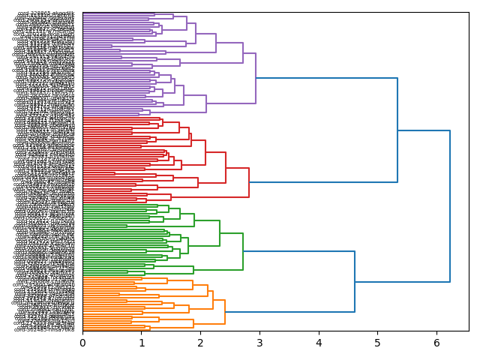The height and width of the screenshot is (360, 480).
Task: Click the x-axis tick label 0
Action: coord(82,343)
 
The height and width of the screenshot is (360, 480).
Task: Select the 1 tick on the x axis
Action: coord(142,343)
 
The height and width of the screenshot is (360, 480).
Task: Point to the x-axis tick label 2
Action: coord(200,343)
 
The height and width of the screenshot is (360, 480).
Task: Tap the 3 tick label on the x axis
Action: coord(259,343)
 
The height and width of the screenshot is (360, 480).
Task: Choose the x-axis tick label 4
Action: coord(319,343)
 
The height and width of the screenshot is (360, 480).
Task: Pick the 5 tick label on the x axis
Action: coord(377,343)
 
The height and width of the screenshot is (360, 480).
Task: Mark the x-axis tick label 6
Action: coord(436,343)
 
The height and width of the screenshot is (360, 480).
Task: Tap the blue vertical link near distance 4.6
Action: coord(355,281)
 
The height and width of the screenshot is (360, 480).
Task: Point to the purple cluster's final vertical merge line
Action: coord(256,78)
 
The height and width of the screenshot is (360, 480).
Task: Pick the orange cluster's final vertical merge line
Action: coord(225,311)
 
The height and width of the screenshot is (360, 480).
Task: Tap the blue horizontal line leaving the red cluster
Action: coord(322,182)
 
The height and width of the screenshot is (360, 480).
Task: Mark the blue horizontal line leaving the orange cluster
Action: coord(289,312)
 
